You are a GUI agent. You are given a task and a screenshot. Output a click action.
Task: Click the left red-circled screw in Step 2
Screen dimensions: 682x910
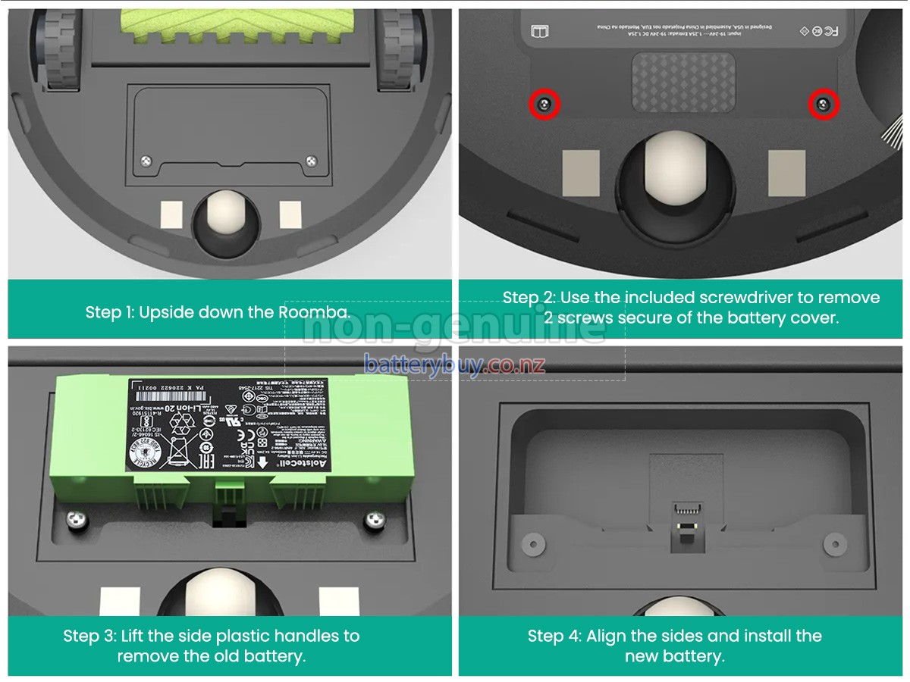click(544, 105)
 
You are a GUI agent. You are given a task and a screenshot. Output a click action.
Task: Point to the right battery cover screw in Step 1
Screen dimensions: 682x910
click(311, 160)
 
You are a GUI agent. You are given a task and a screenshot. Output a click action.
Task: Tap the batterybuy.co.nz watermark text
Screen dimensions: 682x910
click(454, 364)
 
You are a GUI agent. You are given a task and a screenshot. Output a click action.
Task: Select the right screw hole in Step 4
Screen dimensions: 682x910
click(834, 543)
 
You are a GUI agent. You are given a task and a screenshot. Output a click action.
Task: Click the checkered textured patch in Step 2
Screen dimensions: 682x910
click(683, 82)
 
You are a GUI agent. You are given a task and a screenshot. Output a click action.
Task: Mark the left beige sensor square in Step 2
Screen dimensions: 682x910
click(581, 172)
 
